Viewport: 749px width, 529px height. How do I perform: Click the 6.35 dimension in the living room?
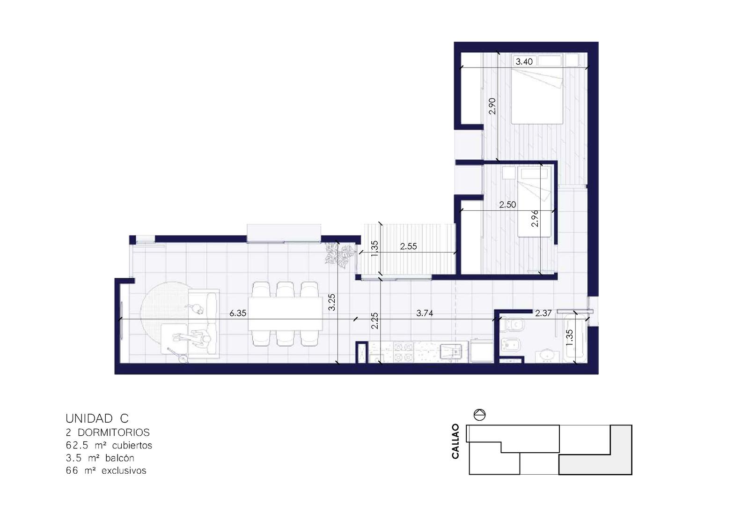click(238, 313)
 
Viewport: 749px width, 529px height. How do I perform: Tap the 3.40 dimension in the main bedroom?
click(524, 61)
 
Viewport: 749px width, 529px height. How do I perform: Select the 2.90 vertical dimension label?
click(492, 106)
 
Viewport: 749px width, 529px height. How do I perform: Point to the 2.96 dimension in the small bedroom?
click(535, 218)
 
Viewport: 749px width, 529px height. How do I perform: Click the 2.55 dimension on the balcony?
click(409, 246)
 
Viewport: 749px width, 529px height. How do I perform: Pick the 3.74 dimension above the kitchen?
click(425, 313)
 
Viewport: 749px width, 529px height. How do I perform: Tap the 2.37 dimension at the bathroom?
click(543, 313)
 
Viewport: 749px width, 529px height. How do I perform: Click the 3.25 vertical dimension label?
click(331, 302)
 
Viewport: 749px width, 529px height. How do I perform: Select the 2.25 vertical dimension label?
click(375, 320)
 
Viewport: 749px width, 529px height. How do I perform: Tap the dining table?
click(285, 314)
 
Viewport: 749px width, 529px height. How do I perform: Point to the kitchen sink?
click(451, 351)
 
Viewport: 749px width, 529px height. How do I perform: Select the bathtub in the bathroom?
click(575, 337)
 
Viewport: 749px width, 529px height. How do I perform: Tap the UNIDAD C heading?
click(97, 418)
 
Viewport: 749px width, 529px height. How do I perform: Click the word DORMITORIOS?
click(114, 432)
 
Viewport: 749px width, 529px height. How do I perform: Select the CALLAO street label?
click(455, 441)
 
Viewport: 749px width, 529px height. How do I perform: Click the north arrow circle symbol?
click(479, 415)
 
